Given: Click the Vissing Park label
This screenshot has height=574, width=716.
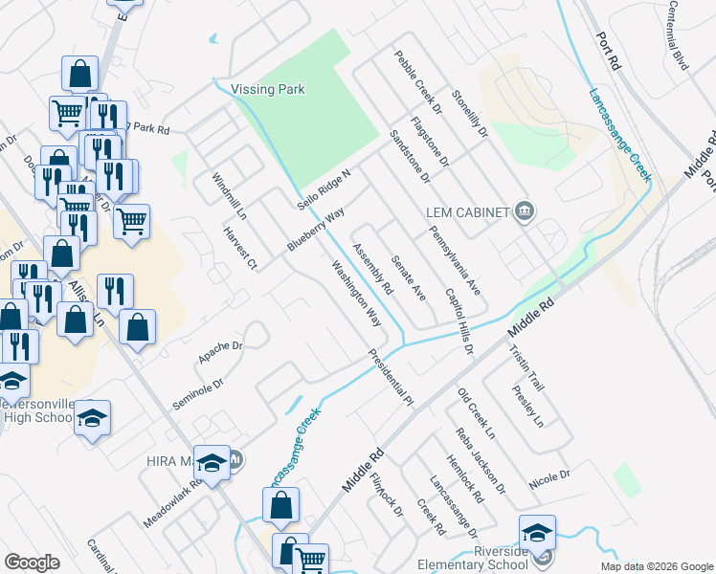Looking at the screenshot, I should (x=268, y=90).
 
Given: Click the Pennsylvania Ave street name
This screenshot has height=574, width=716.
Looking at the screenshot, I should (x=454, y=258).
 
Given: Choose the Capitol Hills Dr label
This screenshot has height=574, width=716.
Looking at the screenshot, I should (x=459, y=321).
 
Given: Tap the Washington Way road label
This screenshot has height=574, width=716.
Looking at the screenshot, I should (x=356, y=296).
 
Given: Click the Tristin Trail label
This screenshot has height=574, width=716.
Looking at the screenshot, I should (x=526, y=367).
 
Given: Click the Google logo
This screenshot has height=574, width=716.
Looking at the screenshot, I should (x=32, y=563).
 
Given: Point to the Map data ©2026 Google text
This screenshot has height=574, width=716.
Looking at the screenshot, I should (x=656, y=566).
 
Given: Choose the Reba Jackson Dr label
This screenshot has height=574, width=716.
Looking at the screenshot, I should (x=481, y=461).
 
